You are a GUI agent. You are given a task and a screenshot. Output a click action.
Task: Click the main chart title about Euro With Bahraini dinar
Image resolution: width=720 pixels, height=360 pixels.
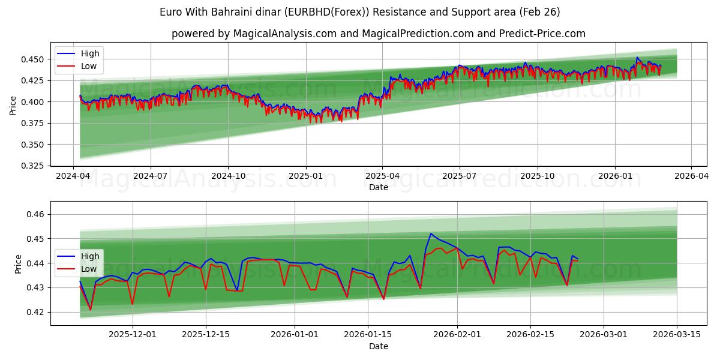(360, 12)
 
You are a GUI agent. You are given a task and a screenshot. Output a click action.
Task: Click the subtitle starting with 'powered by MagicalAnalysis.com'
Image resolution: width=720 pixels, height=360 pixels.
(378, 34)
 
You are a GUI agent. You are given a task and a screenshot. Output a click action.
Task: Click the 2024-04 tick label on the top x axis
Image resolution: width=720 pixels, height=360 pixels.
(73, 176)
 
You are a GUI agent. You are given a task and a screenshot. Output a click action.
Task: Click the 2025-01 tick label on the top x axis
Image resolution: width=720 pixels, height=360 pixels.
(306, 176)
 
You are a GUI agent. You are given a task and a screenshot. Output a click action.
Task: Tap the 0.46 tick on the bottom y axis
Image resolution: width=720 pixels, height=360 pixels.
(36, 214)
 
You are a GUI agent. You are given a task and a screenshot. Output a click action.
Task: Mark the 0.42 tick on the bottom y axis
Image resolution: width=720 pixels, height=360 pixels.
(36, 312)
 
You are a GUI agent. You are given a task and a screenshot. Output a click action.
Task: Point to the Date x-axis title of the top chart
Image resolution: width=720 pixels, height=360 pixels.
(378, 187)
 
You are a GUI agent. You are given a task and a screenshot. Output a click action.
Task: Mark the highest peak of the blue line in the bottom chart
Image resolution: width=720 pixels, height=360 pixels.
(431, 233)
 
